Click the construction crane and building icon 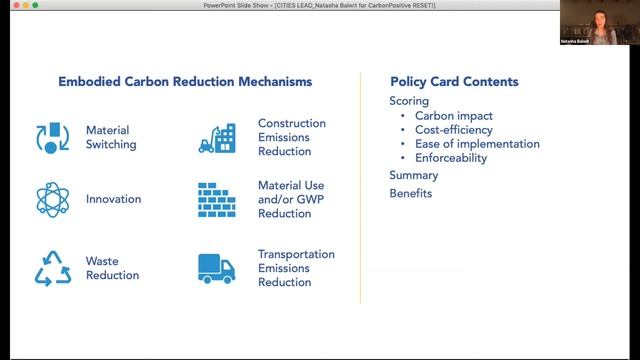(216, 138)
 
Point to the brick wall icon (216, 200)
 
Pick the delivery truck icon (216, 268)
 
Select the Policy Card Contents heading (454, 81)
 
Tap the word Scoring (409, 101)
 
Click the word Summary (413, 175)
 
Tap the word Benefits (410, 193)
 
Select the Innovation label (113, 199)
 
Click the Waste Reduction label (112, 268)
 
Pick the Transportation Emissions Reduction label (296, 268)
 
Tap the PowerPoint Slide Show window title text (319, 6)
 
